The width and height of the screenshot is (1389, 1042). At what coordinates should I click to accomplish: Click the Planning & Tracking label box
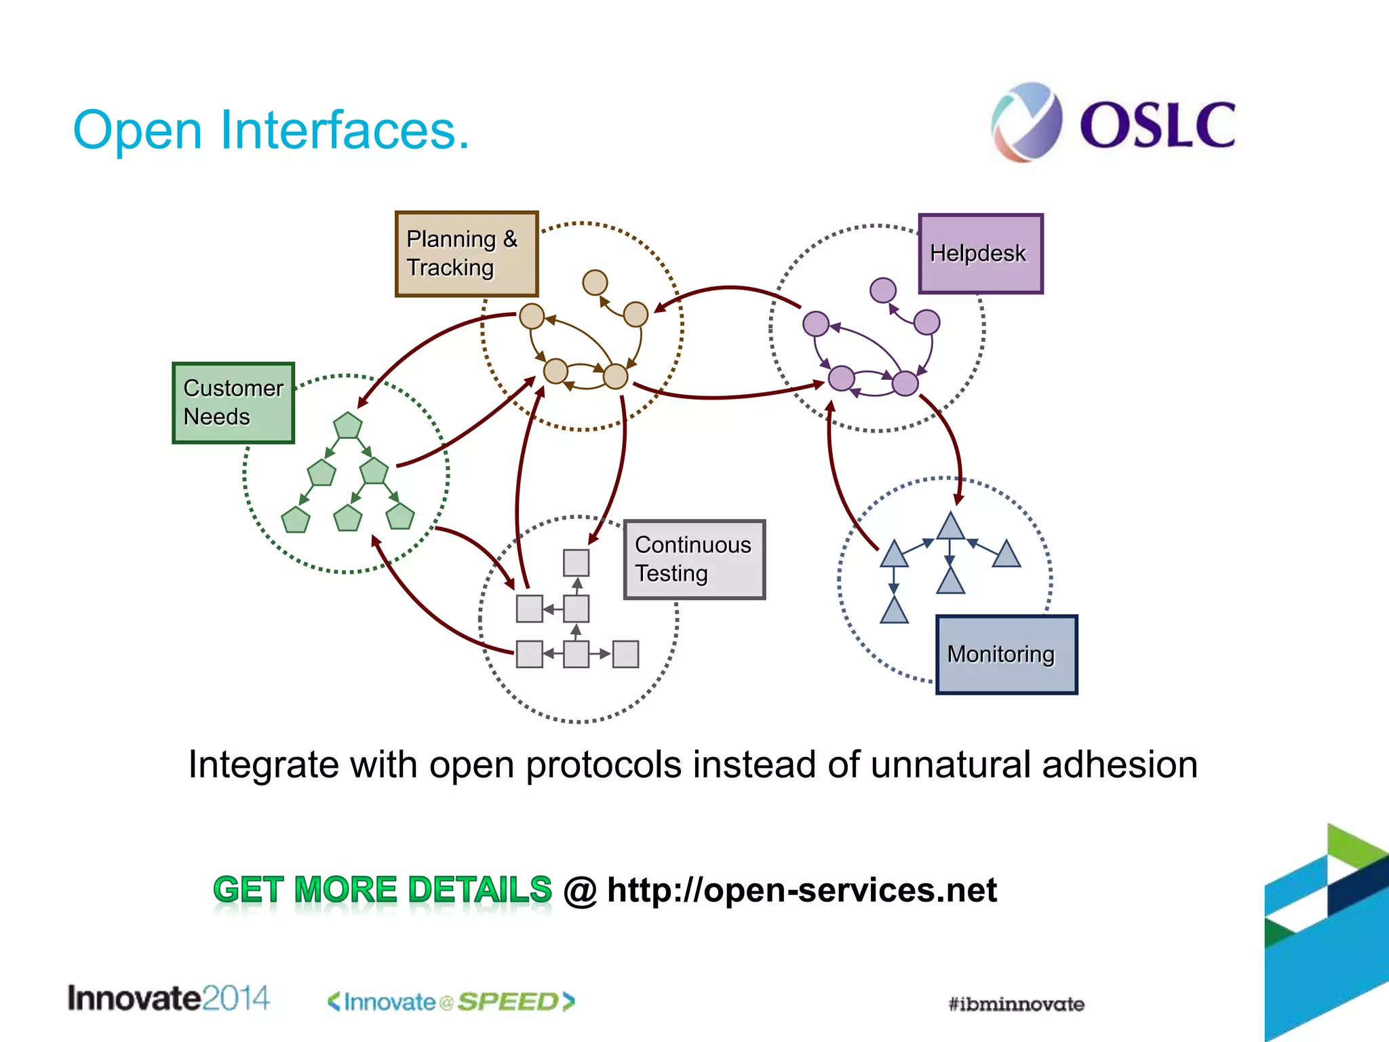click(467, 254)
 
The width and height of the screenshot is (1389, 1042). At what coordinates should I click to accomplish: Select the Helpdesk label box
click(980, 254)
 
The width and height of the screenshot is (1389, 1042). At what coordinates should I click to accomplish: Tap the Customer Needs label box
click(233, 403)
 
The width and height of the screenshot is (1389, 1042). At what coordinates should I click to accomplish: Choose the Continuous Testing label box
click(694, 560)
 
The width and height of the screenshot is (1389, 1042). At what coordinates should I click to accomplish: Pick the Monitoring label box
click(1006, 655)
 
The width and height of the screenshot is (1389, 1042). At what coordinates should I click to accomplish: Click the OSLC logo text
click(1157, 126)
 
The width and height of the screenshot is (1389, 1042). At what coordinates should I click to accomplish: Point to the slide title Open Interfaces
click(271, 130)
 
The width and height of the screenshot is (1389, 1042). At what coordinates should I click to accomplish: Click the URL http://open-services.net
click(802, 890)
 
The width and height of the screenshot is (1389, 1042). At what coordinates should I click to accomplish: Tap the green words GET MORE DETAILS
click(383, 890)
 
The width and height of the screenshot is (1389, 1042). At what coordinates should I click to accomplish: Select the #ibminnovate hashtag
click(1016, 1004)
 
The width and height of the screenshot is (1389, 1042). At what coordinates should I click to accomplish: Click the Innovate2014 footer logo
click(168, 999)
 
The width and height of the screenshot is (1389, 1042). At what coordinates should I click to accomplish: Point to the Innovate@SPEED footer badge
click(451, 1002)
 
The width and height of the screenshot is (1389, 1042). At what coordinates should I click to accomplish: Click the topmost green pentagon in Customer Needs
click(348, 426)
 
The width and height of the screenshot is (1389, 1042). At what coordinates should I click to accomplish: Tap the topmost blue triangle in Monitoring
click(951, 527)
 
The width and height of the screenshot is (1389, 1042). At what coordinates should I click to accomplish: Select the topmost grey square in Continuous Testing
click(576, 562)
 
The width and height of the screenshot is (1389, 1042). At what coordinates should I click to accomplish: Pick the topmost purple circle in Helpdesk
click(883, 290)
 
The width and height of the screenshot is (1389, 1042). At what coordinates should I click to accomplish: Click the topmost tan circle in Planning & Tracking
click(595, 282)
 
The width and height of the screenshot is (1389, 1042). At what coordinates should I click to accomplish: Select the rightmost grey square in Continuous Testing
click(625, 654)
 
